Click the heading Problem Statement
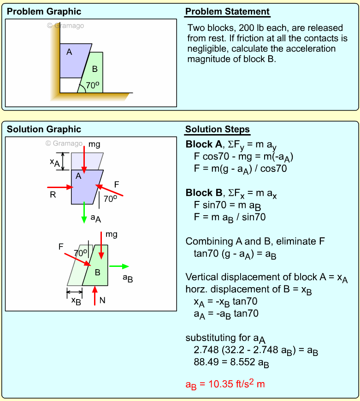click(x=227, y=12)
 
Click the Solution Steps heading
click(x=218, y=130)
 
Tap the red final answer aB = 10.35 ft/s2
click(x=225, y=383)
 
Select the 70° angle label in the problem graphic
click(x=93, y=85)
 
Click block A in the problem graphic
click(x=74, y=60)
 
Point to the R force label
click(x=53, y=195)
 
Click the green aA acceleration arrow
click(x=84, y=214)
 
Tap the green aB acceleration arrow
click(x=119, y=266)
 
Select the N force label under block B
click(x=102, y=300)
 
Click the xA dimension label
click(x=54, y=162)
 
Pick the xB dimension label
click(x=76, y=300)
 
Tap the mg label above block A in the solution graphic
click(x=94, y=145)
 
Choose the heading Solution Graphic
click(x=44, y=130)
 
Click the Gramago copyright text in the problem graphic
click(x=65, y=26)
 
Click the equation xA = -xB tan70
click(x=225, y=301)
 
